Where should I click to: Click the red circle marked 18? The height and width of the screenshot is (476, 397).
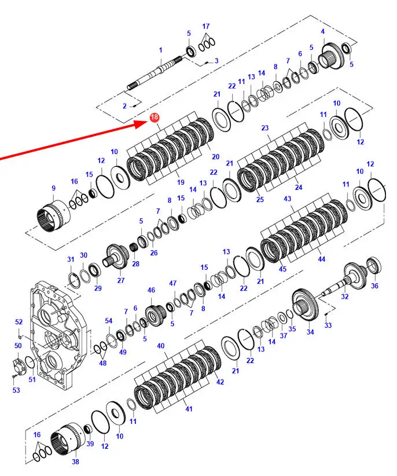pyautogui.click(x=155, y=118)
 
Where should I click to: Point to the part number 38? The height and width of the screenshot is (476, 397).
pyautogui.click(x=75, y=462)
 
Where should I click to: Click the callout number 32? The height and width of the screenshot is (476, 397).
pyautogui.click(x=345, y=296)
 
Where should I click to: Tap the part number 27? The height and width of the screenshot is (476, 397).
pyautogui.click(x=120, y=281)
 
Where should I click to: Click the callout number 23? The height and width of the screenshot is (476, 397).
pyautogui.click(x=265, y=128)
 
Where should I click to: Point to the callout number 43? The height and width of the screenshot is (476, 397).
pyautogui.click(x=288, y=199)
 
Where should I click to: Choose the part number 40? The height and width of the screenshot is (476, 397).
pyautogui.click(x=161, y=346)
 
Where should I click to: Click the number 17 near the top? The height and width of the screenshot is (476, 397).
pyautogui.click(x=206, y=27)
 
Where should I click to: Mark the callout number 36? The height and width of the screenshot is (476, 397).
pyautogui.click(x=374, y=285)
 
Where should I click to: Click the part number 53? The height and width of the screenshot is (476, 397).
pyautogui.click(x=16, y=390)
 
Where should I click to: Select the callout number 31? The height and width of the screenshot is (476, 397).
pyautogui.click(x=71, y=259)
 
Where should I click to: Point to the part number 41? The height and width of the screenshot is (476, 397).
pyautogui.click(x=188, y=409)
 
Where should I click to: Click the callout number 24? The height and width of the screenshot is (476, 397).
pyautogui.click(x=299, y=187)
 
